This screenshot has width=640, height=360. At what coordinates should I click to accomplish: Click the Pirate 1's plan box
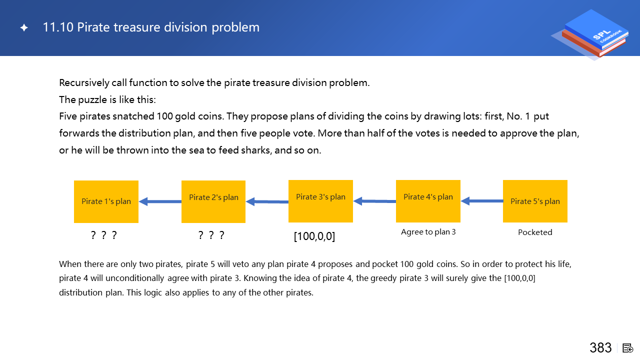point(106,201)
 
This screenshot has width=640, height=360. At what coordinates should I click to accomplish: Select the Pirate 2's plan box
point(213,201)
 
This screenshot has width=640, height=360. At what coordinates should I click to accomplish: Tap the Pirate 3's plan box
point(320,201)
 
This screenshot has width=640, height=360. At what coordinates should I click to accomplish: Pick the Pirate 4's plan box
point(428,201)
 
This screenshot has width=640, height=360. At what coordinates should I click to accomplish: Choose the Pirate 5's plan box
point(535,201)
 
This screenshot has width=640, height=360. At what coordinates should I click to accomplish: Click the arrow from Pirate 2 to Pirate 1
point(160,201)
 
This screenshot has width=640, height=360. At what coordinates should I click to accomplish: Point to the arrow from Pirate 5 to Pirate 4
point(482,201)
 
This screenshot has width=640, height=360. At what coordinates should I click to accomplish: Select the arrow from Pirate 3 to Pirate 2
point(267,201)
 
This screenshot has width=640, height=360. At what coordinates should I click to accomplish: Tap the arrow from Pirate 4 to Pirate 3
point(374,201)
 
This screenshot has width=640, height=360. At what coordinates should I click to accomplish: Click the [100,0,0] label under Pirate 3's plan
point(314,236)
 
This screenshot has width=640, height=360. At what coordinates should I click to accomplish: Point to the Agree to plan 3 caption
point(428,231)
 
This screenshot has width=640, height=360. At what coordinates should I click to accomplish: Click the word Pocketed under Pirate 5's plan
point(535,232)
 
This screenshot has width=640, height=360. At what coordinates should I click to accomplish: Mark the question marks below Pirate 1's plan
point(103,235)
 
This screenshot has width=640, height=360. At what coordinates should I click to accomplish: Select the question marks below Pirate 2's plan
point(211,235)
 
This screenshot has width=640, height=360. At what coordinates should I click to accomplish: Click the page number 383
point(600,347)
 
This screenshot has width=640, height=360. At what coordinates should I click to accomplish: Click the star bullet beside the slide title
point(24,27)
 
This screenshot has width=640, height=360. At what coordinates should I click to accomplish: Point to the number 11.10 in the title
point(58,27)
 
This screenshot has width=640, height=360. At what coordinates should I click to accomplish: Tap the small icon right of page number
point(627,348)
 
